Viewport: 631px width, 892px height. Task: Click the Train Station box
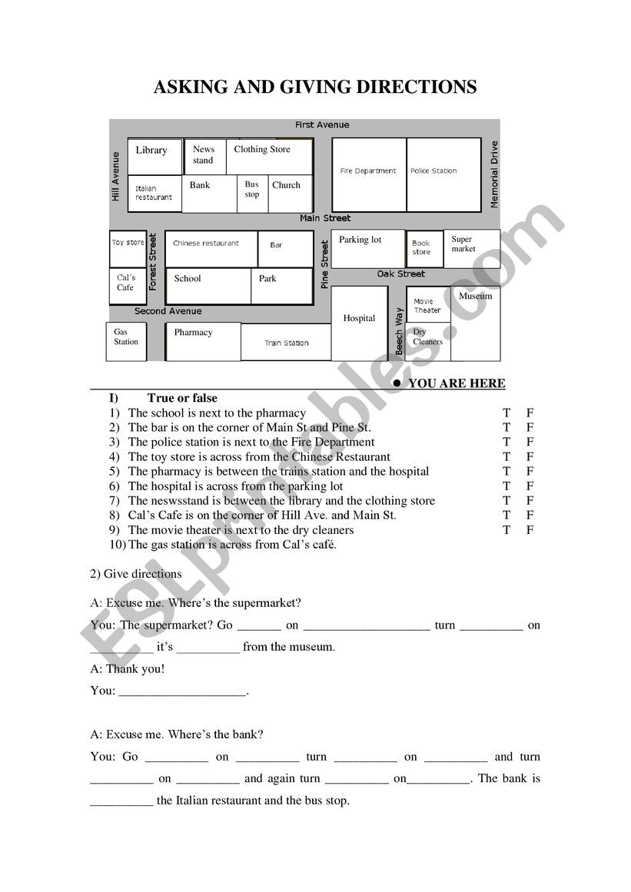tap(286, 343)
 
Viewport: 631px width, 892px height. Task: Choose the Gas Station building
tap(126, 340)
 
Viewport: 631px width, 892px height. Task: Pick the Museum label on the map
tap(476, 296)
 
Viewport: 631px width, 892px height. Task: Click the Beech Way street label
tap(399, 331)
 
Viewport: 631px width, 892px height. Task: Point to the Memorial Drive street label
tap(494, 174)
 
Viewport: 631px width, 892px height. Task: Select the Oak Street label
tap(400, 274)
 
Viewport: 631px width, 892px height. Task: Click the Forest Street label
tap(153, 261)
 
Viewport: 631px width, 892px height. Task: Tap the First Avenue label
tap(322, 124)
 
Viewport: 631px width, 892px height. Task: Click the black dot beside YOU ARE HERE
tap(397, 383)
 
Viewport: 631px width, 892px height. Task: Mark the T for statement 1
tap(506, 413)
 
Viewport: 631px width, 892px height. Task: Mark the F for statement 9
tap(530, 529)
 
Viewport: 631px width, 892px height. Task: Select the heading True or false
tap(182, 398)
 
